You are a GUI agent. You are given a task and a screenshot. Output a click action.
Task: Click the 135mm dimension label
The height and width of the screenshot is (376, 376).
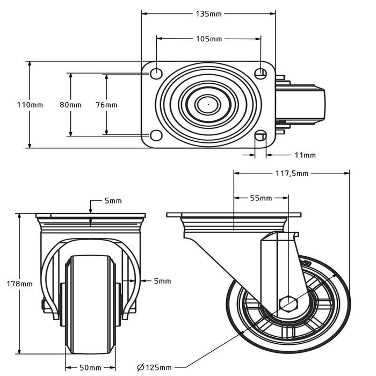208,12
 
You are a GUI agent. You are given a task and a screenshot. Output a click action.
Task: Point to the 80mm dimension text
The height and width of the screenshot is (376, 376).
70,105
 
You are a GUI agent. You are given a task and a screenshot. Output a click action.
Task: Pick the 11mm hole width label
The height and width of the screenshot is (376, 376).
305,155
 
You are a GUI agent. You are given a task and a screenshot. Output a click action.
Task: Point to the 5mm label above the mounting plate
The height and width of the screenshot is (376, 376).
113,201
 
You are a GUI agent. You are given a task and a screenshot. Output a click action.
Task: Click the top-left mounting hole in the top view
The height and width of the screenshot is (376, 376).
155,73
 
